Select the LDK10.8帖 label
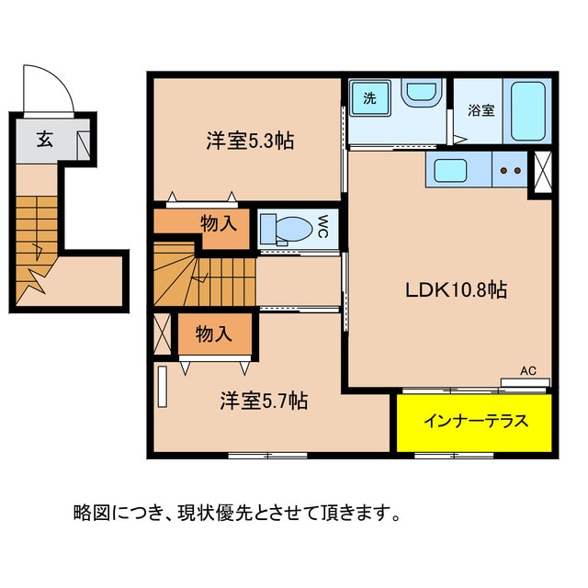457,289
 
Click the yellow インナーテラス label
475,422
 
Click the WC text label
323,226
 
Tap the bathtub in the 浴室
528,111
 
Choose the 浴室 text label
481,111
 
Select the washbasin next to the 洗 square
421,95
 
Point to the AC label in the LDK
528,371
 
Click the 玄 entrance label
44,141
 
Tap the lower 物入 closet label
214,334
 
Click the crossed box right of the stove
541,170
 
